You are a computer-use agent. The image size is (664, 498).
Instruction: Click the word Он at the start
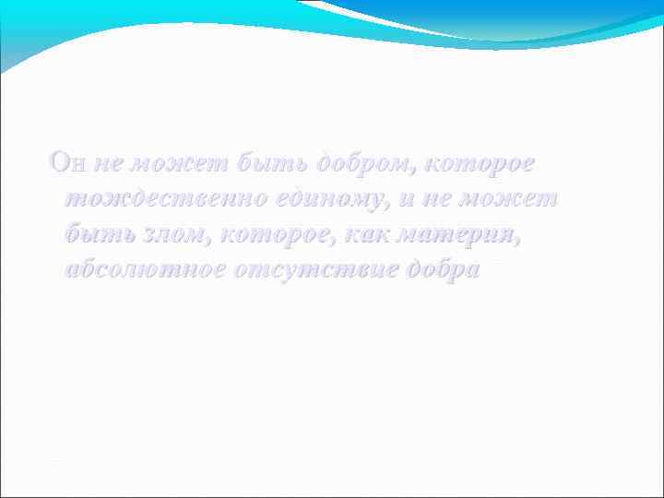point(68,164)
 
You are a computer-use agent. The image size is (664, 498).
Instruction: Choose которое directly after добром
point(477,164)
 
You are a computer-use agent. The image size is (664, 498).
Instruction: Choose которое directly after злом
point(279,235)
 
